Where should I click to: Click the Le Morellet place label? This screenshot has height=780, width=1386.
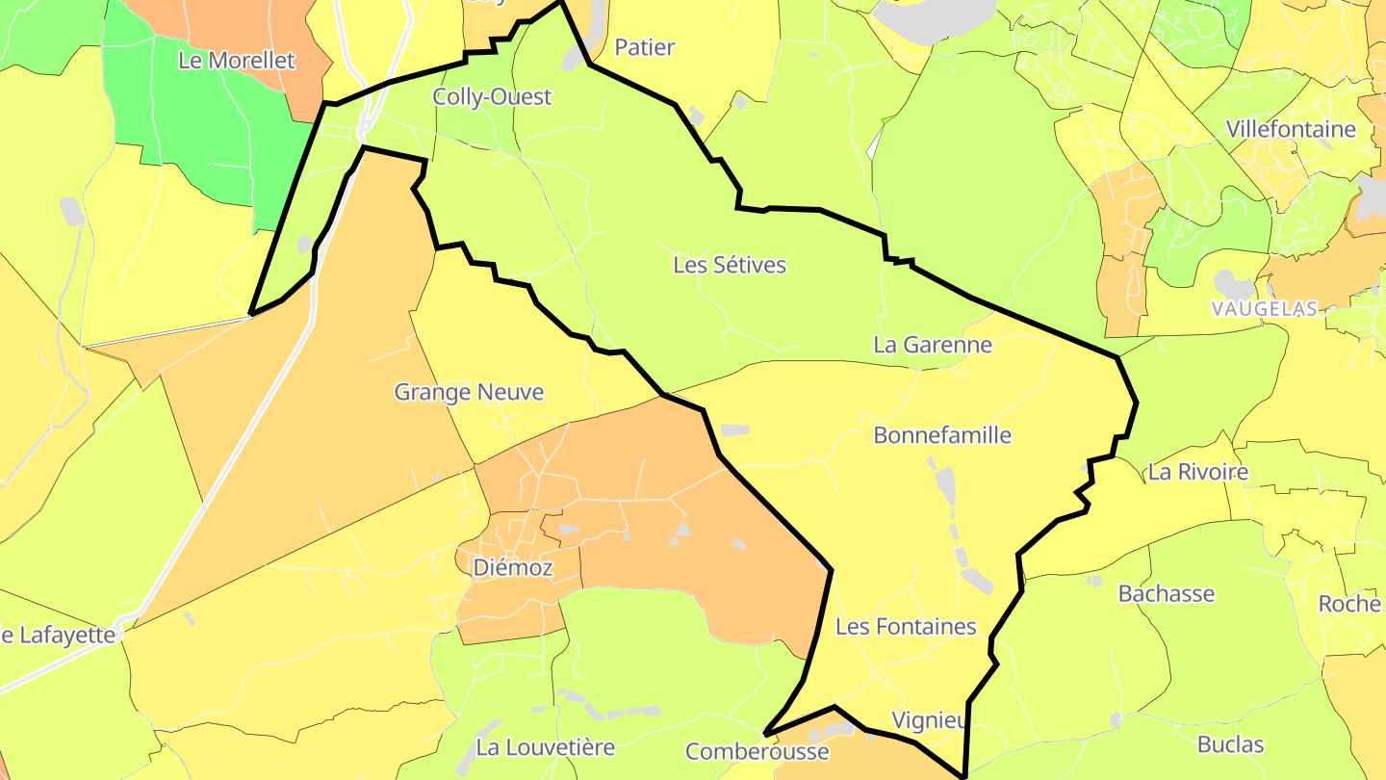click(x=237, y=60)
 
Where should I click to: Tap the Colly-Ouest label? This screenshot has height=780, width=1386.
click(x=492, y=96)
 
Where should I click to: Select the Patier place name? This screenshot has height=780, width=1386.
click(x=644, y=46)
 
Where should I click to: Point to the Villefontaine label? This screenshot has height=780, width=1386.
click(x=1290, y=129)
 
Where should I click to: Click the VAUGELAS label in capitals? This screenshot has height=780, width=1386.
click(x=1265, y=308)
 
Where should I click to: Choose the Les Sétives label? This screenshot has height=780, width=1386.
click(x=730, y=265)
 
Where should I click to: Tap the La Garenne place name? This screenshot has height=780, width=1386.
click(x=932, y=344)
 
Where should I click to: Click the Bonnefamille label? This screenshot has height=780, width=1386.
click(x=941, y=435)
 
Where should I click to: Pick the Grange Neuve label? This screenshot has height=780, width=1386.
click(x=469, y=392)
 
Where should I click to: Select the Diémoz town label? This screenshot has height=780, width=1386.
click(x=513, y=568)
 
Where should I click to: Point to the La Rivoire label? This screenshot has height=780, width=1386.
click(x=1197, y=472)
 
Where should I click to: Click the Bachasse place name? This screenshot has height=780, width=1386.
click(x=1166, y=593)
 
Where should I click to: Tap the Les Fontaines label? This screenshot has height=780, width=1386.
click(x=905, y=627)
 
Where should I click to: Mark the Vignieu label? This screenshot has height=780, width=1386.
click(x=930, y=720)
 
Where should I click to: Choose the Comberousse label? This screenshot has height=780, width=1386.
click(x=757, y=751)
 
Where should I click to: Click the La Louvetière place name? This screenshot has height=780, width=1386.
click(x=545, y=746)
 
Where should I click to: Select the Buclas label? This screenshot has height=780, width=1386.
click(x=1230, y=743)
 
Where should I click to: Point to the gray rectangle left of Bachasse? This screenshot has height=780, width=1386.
click(x=1094, y=581)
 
